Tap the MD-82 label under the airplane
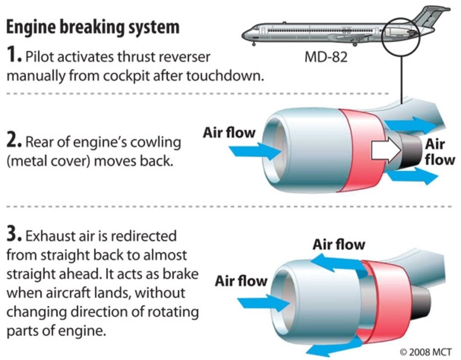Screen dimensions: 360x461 tap(326, 57)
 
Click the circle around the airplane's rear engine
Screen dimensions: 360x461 tap(401, 36)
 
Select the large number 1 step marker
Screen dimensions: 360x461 tap(14, 56)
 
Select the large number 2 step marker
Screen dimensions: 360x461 tap(14, 142)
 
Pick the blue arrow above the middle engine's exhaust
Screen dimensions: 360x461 tap(409, 124)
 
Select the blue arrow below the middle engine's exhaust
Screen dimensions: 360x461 tap(411, 176)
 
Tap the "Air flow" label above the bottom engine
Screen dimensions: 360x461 tap(339, 245)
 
